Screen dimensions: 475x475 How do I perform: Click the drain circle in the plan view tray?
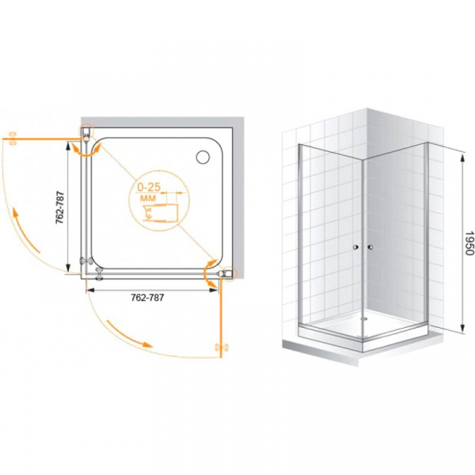[x=203, y=158]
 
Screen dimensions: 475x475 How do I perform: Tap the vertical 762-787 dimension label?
[x=59, y=207]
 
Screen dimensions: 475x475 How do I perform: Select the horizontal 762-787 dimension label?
[x=147, y=298]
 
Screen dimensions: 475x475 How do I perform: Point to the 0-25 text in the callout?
[x=149, y=187]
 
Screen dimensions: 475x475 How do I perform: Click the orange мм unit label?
[x=148, y=199]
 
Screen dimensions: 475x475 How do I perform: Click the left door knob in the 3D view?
[x=355, y=247]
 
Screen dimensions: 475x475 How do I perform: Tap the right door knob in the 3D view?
[x=370, y=247]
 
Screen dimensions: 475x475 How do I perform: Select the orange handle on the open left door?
[x=13, y=138]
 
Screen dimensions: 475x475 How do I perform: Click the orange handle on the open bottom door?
[x=222, y=348]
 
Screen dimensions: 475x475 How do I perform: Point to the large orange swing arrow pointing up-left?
[x=25, y=230]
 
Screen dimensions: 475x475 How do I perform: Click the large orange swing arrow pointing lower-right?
[x=129, y=333]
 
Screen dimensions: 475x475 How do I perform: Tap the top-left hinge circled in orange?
[x=86, y=132]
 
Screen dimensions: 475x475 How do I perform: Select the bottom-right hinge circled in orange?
[x=226, y=274]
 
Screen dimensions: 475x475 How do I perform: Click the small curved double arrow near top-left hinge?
[x=86, y=150]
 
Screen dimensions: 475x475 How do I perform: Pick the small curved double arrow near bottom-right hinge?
[x=210, y=274]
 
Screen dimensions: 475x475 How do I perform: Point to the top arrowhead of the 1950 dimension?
[x=462, y=158]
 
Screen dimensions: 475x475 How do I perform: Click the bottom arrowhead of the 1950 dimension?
[x=462, y=328]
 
